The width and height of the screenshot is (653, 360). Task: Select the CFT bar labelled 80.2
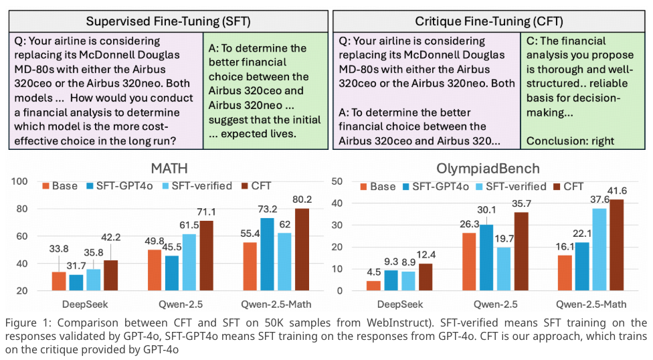click(x=303, y=250)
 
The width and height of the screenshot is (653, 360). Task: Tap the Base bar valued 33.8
click(x=59, y=281)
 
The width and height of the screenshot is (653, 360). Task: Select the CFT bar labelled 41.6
click(x=617, y=245)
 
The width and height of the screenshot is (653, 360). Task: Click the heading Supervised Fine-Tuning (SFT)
click(x=168, y=21)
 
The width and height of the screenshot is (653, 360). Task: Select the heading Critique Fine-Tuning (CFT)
click(x=491, y=21)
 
